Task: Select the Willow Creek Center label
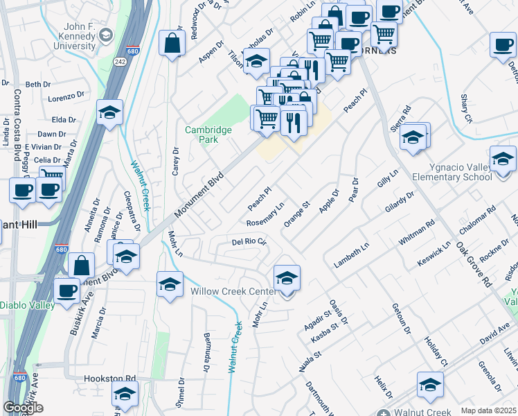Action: pyautogui.click(x=229, y=292)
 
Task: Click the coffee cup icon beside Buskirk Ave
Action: pyautogui.click(x=67, y=291)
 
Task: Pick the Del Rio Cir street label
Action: pyautogui.click(x=249, y=241)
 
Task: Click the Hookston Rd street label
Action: pyautogui.click(x=109, y=379)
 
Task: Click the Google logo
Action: pyautogui.click(x=23, y=408)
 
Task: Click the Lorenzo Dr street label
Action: pyautogui.click(x=66, y=98)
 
